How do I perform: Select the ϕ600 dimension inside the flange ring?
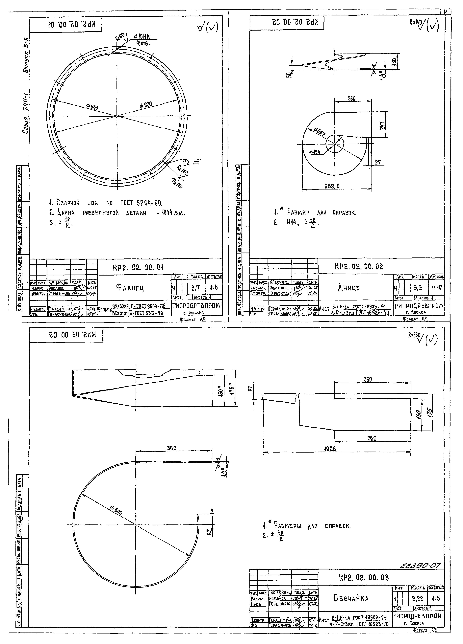(x=146, y=105)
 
